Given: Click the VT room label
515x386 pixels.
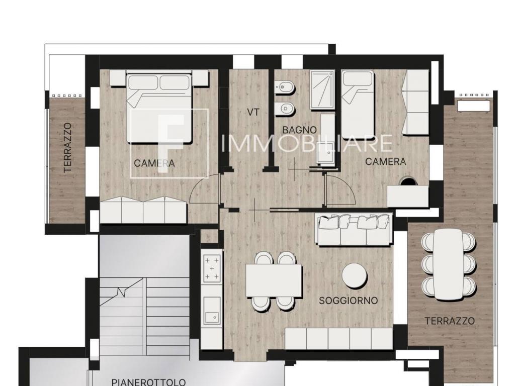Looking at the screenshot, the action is (x=253, y=112).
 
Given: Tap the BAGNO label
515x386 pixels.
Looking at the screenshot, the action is (x=300, y=130).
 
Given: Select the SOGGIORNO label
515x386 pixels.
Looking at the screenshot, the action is (x=349, y=301).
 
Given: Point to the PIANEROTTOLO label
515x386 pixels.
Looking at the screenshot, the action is (x=148, y=382).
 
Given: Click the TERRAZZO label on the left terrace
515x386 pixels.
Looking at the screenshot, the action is (x=68, y=148).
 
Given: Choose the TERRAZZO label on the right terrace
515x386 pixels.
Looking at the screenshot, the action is (x=450, y=321).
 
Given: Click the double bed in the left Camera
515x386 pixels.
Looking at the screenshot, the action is (x=159, y=108).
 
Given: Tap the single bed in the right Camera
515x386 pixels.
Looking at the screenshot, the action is (x=358, y=105).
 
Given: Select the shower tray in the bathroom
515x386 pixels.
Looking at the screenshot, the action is (x=322, y=89).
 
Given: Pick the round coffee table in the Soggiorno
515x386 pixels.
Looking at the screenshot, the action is (x=355, y=275).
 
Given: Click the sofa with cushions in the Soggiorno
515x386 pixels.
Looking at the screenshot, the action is (x=354, y=229).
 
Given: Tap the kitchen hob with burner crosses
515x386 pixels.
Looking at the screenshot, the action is (x=212, y=269).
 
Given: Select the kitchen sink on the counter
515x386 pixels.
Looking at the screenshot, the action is (x=212, y=310).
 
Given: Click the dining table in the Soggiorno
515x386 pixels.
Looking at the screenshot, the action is (x=274, y=280).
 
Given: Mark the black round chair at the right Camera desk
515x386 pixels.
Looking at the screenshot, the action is (x=407, y=181).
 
